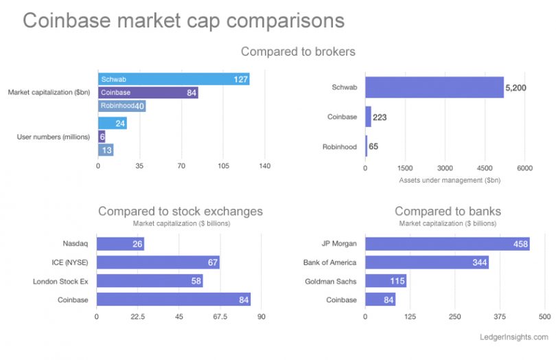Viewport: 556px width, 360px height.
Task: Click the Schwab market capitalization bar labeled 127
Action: coord(174,79)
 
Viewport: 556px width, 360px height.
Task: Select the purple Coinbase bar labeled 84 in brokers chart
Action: coord(148,93)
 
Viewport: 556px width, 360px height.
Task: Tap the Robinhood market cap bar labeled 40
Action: coord(121,106)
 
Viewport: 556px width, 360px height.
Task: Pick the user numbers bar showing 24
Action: coord(112,123)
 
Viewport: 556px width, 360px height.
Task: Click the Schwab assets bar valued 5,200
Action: coord(434,87)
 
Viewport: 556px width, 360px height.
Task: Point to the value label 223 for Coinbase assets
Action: coord(380,117)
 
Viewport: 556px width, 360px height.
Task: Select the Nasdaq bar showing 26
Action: coord(120,243)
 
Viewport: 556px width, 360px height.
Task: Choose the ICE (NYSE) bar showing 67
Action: coord(158,262)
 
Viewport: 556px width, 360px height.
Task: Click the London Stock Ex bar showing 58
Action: coord(150,281)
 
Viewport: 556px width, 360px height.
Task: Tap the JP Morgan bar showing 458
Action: coord(447,243)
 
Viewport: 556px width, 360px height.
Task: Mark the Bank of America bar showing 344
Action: coord(426,262)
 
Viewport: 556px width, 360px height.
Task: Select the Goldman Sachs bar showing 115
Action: coord(385,281)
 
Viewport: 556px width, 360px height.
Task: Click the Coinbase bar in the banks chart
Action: coord(380,300)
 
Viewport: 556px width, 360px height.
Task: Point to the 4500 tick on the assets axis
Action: coord(485,167)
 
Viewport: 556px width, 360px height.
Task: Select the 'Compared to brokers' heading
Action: coord(298,52)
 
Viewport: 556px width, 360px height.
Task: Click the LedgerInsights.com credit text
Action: coord(514,337)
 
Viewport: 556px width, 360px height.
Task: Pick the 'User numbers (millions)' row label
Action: coord(54,137)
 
